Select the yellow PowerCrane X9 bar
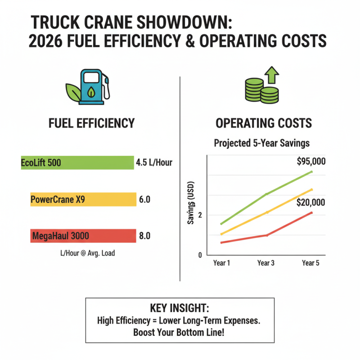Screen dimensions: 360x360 tap(83, 199)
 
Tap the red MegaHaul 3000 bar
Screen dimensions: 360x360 tap(83, 236)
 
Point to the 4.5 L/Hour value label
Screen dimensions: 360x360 tap(154, 162)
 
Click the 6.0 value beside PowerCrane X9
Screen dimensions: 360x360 tap(145, 199)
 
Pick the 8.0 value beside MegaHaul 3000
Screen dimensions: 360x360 tap(145, 236)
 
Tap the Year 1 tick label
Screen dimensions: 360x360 tap(221, 263)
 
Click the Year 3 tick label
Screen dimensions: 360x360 tap(265, 263)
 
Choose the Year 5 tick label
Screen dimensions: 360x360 tap(310, 263)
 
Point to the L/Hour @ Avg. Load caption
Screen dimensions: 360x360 tap(87, 253)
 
